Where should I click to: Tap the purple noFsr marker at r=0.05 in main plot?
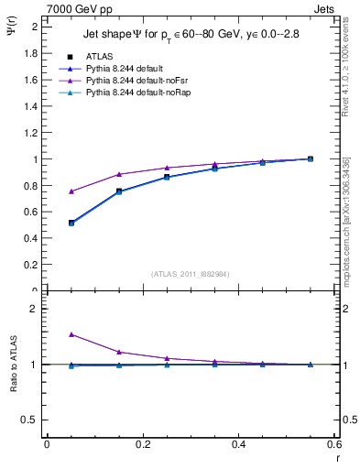tap(47, 191)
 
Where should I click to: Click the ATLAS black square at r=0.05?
tap(47, 223)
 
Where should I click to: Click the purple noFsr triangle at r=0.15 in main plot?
tap(119, 174)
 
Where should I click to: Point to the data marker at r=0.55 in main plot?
tap(311, 158)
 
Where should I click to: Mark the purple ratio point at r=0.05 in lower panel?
tap(47, 334)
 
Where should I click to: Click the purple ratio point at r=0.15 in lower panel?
tap(119, 352)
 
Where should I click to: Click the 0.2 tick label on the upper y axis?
tap(33, 265)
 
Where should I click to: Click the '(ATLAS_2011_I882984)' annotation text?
tap(190, 273)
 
